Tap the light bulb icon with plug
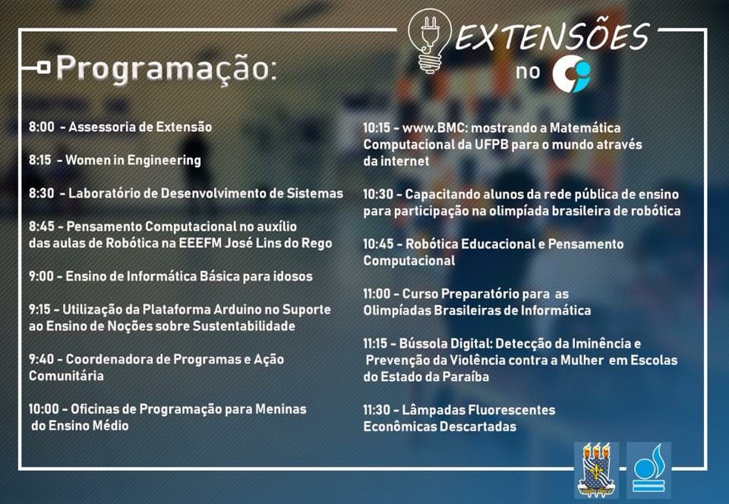(429, 41)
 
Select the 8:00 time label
(41, 127)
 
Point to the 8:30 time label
(41, 194)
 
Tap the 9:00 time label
(41, 276)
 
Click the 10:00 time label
(44, 409)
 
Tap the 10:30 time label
(378, 194)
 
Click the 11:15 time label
(375, 344)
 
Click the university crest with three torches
(597, 469)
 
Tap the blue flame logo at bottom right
(649, 468)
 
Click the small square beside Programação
(44, 68)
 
